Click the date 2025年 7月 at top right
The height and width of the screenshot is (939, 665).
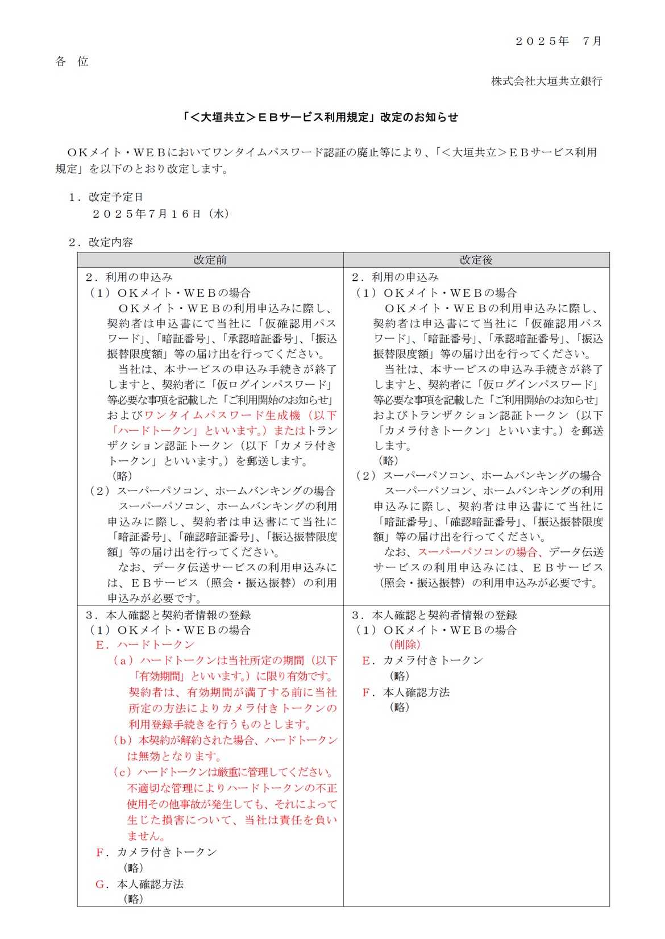pyautogui.click(x=558, y=41)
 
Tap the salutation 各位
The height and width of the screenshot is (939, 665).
pyautogui.click(x=72, y=61)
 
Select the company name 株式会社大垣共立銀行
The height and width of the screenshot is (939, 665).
pyautogui.click(x=546, y=81)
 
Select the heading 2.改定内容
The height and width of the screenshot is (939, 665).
pyautogui.click(x=101, y=242)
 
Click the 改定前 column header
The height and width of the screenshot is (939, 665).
pyautogui.click(x=210, y=260)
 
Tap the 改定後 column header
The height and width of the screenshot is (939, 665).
pyautogui.click(x=476, y=260)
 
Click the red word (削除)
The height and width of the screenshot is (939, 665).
pyautogui.click(x=405, y=645)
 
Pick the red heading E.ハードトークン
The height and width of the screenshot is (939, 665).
pyautogui.click(x=145, y=645)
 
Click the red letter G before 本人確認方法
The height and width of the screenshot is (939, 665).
pyautogui.click(x=101, y=884)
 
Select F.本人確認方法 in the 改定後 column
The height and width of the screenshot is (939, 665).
pyautogui.click(x=406, y=692)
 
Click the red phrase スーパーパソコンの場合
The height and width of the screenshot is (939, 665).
pyautogui.click(x=477, y=552)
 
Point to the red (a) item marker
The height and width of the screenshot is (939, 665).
pyautogui.click(x=123, y=660)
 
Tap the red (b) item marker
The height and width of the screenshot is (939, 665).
pyautogui.click(x=123, y=740)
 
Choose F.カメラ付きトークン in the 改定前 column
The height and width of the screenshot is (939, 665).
pyautogui.click(x=157, y=852)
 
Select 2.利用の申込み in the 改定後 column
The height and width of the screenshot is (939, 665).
pyautogui.click(x=395, y=277)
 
